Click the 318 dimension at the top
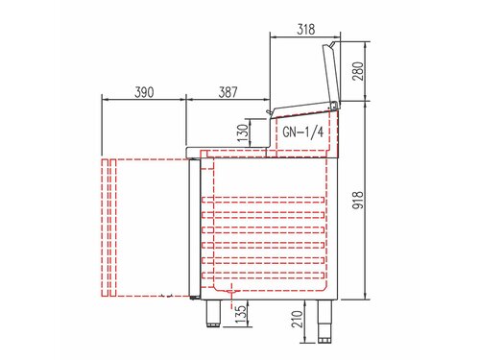[x=303, y=30]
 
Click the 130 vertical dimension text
[x=243, y=132]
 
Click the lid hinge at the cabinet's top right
[x=337, y=104]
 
